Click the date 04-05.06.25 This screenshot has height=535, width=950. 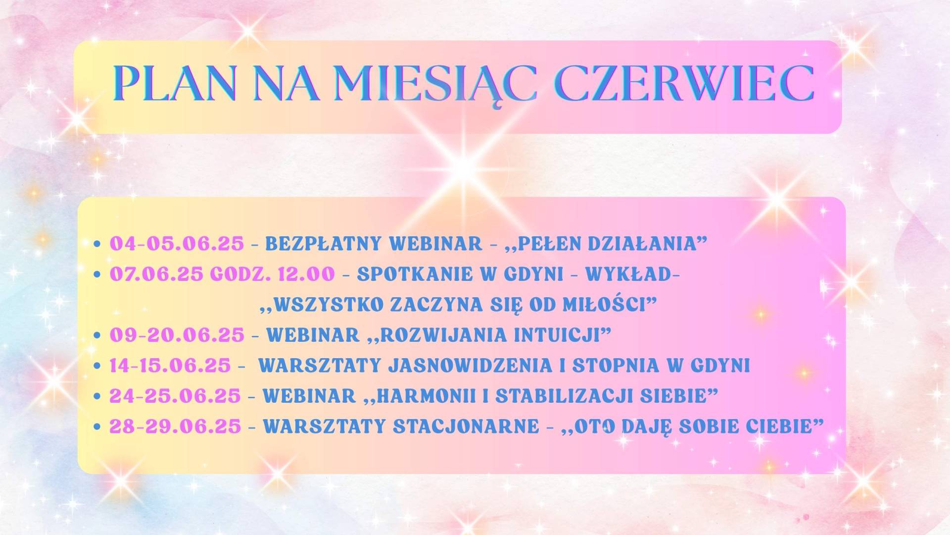(x=177, y=244)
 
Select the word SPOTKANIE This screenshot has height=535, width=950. (x=408, y=274)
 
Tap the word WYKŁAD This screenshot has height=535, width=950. (x=628, y=274)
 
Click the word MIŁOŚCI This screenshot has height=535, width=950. (x=606, y=304)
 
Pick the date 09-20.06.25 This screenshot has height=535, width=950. (x=177, y=335)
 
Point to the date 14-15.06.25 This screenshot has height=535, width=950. (x=170, y=366)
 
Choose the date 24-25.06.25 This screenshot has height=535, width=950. (x=175, y=396)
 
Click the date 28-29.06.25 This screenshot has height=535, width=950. (x=175, y=427)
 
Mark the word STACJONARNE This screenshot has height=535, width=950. (x=466, y=427)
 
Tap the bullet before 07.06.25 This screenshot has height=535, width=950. (x=97, y=274)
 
